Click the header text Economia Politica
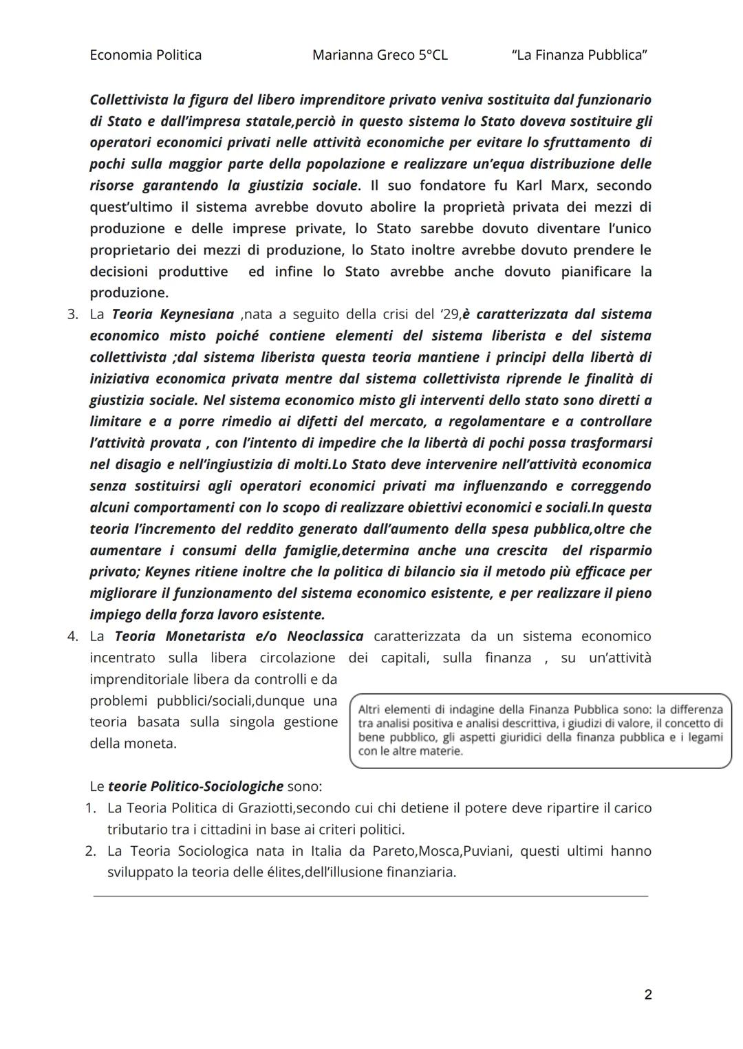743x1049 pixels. (145, 55)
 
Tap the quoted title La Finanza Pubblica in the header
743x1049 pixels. (579, 55)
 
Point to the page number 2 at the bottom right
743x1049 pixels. (647, 994)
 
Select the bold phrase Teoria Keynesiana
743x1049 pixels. (173, 314)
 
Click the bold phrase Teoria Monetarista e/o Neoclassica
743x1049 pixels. (239, 636)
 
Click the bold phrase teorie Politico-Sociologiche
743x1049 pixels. (196, 786)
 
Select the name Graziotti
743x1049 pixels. (261, 808)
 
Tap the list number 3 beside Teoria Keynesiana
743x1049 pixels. (72, 314)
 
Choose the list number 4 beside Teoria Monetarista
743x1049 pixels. (72, 636)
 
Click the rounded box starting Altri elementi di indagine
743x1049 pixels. (540, 731)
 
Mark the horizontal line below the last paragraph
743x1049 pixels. (370, 896)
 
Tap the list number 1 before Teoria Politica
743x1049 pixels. (90, 808)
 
